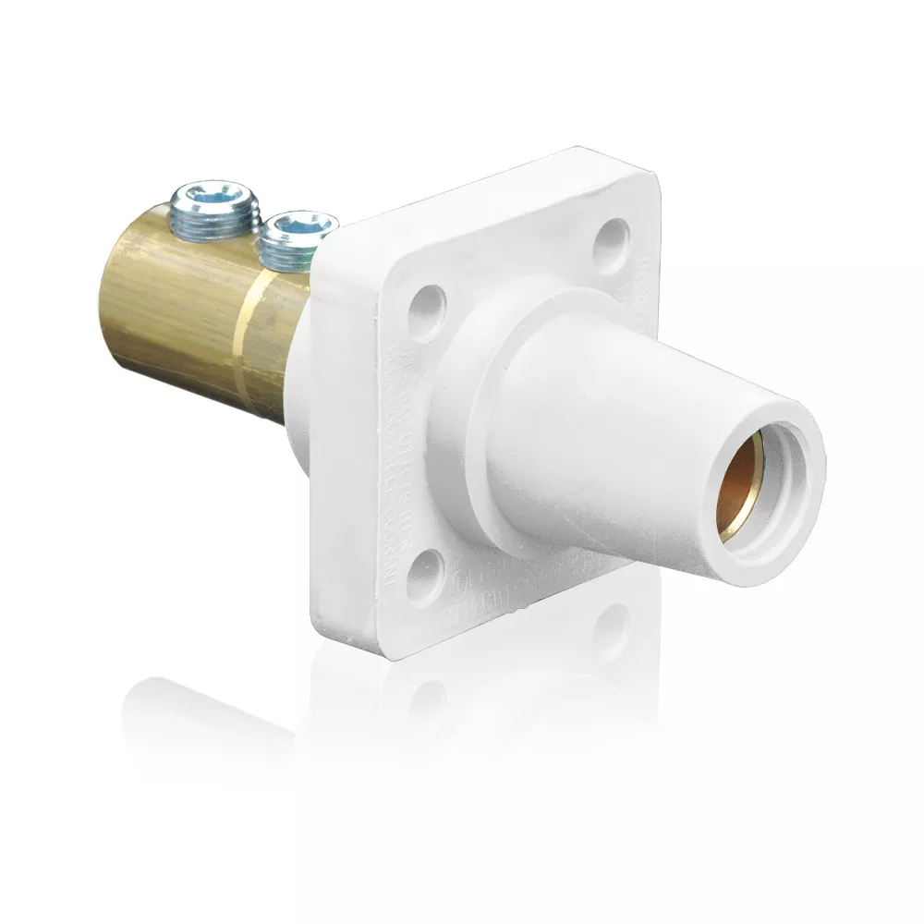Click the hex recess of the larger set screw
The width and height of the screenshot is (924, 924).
click(213, 196)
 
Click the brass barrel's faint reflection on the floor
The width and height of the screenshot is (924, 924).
click(203, 711)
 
